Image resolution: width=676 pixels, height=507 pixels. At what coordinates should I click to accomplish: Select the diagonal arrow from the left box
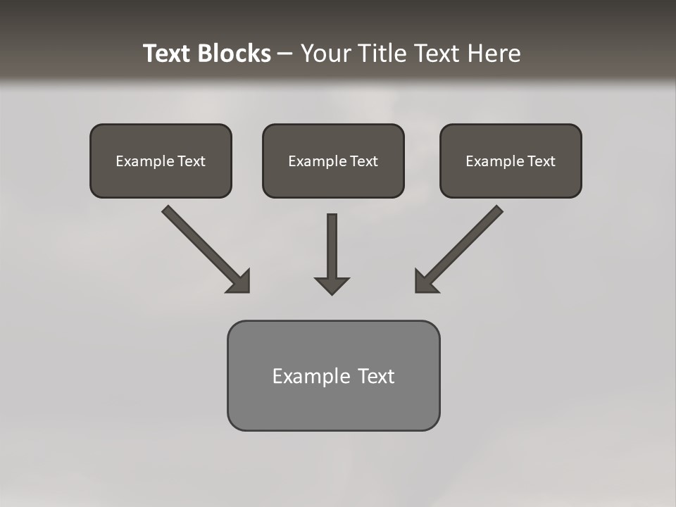click(x=204, y=247)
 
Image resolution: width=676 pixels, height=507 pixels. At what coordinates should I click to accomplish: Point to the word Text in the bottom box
click(x=376, y=376)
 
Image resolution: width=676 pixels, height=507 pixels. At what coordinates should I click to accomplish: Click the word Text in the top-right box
click(x=541, y=161)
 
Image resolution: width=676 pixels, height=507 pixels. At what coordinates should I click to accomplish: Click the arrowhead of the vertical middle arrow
click(x=332, y=285)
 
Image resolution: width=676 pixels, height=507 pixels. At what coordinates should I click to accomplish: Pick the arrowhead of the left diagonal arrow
click(x=239, y=282)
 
